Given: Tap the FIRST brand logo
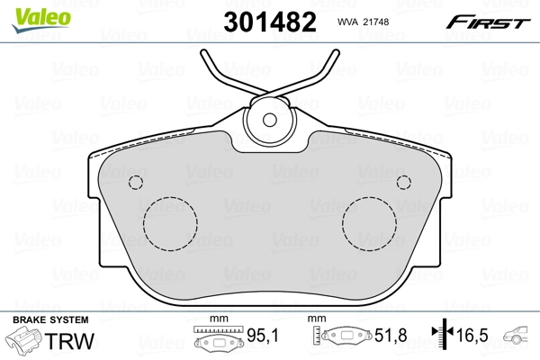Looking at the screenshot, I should [490, 22].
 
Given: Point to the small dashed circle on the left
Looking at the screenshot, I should [137, 183].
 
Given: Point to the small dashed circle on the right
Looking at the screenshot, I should [404, 183].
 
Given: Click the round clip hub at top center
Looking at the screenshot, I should [270, 119].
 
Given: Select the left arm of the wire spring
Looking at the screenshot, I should [220, 73].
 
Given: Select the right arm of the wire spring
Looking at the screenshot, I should [319, 73].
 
